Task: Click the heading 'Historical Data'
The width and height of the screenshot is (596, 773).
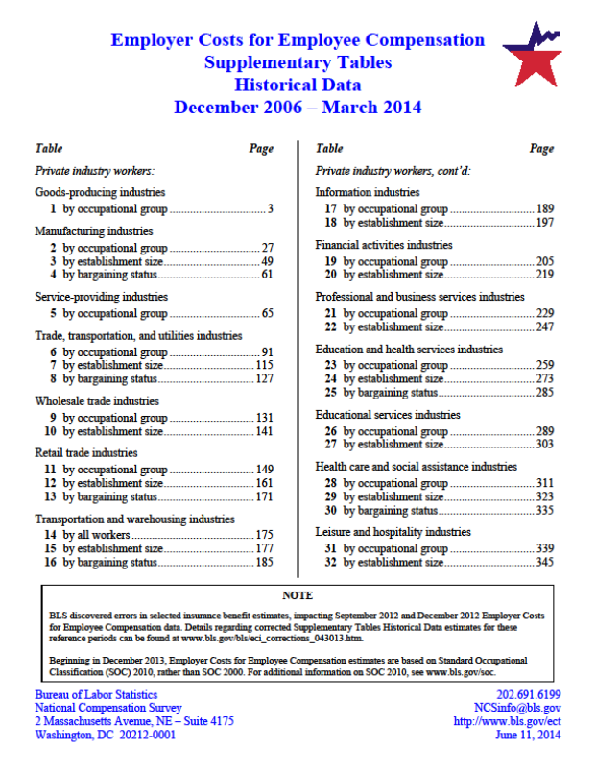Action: [298, 85]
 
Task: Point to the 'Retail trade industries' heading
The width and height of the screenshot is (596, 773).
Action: [86, 453]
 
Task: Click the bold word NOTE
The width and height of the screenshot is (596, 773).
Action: [298, 595]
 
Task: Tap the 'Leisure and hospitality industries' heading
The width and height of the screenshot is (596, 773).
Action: [393, 532]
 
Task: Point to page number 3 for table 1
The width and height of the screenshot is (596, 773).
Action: [272, 208]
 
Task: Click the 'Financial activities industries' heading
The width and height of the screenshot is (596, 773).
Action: [384, 245]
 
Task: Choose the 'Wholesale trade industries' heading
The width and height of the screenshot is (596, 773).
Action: [97, 401]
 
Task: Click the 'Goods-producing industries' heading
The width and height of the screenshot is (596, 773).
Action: [100, 193]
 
